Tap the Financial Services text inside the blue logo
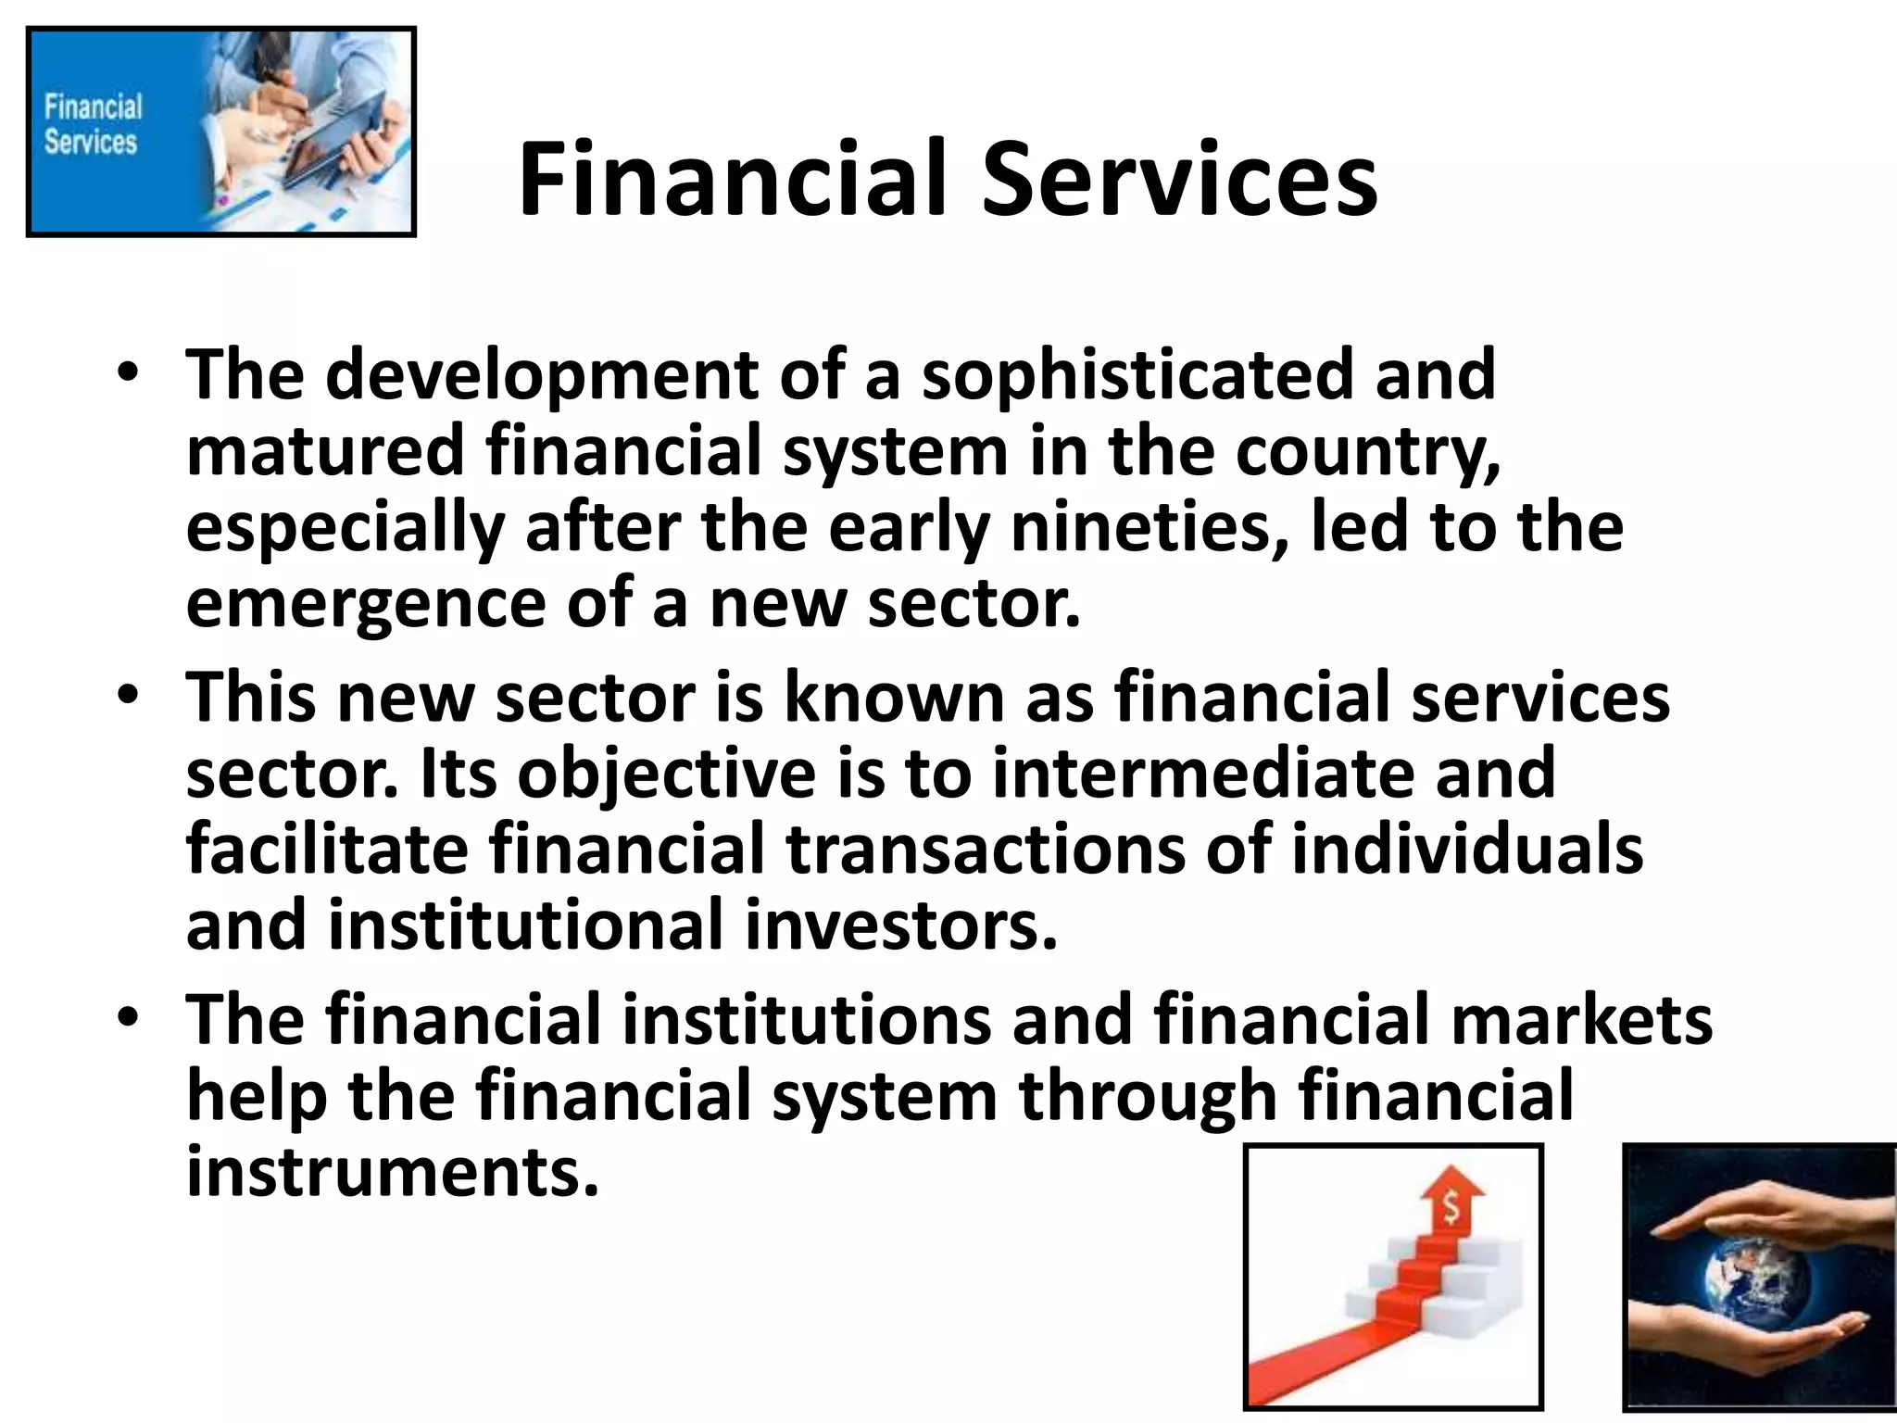tap(92, 124)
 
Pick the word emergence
tap(366, 602)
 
